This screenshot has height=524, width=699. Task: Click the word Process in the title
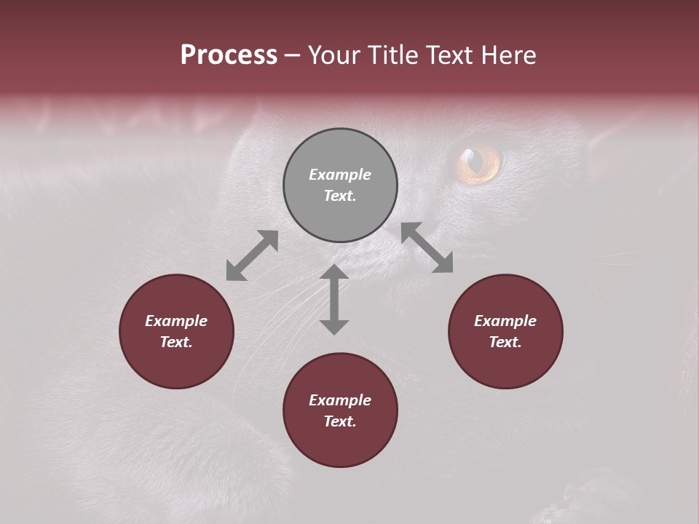tap(229, 55)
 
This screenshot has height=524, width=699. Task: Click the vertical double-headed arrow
tap(334, 299)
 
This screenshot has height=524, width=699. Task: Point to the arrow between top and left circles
tap(252, 255)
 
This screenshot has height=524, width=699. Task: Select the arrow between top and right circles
tap(427, 247)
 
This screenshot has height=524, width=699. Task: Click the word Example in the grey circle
tap(340, 175)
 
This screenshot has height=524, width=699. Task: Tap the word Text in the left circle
tap(176, 342)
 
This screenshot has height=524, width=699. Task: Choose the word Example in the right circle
tap(505, 321)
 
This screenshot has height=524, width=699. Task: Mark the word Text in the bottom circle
tap(340, 421)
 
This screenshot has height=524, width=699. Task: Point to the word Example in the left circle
tap(176, 321)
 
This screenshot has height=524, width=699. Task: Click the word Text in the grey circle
tap(340, 196)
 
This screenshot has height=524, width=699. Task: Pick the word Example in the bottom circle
tap(340, 400)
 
